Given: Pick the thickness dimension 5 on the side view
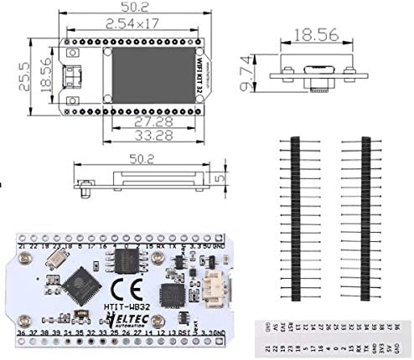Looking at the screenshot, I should [x=217, y=178].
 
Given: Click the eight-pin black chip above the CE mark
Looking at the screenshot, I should [x=127, y=262].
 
